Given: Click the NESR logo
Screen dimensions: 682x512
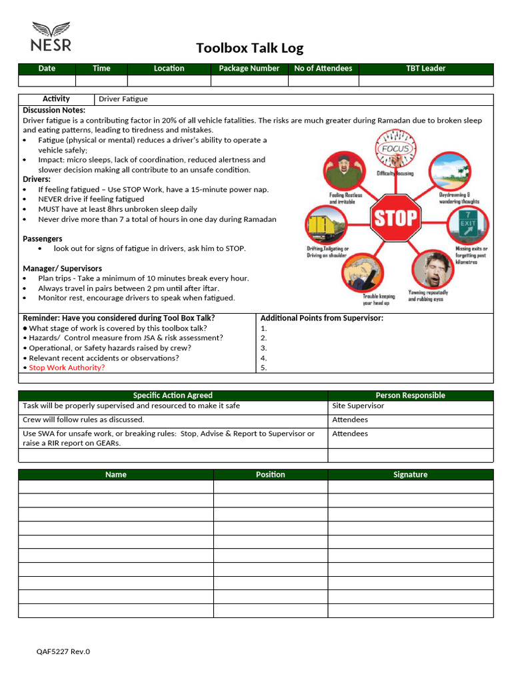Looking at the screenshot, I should [51, 37].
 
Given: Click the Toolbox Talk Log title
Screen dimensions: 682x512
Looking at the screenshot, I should [249, 48].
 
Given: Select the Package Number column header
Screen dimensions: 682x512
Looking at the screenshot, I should [249, 69].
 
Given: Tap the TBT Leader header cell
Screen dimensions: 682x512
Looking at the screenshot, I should [425, 69].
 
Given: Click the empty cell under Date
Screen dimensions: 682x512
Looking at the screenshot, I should [47, 81].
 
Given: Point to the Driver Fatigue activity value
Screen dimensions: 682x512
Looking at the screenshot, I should [123, 99].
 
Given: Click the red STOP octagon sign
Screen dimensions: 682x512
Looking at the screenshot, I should [395, 218].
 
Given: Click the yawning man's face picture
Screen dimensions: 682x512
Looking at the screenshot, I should [429, 269].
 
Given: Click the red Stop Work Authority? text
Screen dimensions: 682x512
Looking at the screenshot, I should [67, 368].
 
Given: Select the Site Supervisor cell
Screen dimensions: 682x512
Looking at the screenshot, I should [358, 406].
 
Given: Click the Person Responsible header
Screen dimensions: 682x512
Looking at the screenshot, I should [410, 396].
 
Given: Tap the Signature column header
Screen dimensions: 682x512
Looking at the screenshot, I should [410, 475].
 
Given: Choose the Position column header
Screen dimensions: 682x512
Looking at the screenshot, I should [270, 475].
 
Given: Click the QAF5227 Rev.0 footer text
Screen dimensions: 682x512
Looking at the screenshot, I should [63, 651].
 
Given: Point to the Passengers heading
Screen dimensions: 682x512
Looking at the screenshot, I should [43, 238].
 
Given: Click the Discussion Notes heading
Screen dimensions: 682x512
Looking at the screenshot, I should [54, 110].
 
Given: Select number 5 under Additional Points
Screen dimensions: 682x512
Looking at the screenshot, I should [264, 368].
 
